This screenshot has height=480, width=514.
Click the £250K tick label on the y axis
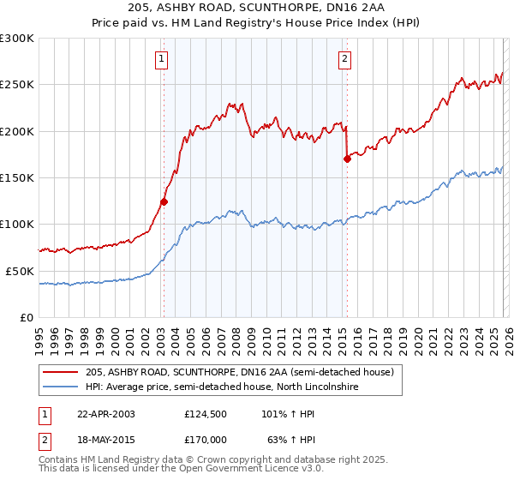[17, 85]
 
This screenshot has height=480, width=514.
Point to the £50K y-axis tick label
[20, 271]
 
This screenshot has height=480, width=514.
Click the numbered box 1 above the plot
[161, 59]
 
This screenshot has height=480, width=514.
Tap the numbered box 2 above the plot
[344, 59]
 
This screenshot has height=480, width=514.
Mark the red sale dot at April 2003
[164, 202]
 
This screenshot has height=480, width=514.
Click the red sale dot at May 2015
[347, 159]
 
